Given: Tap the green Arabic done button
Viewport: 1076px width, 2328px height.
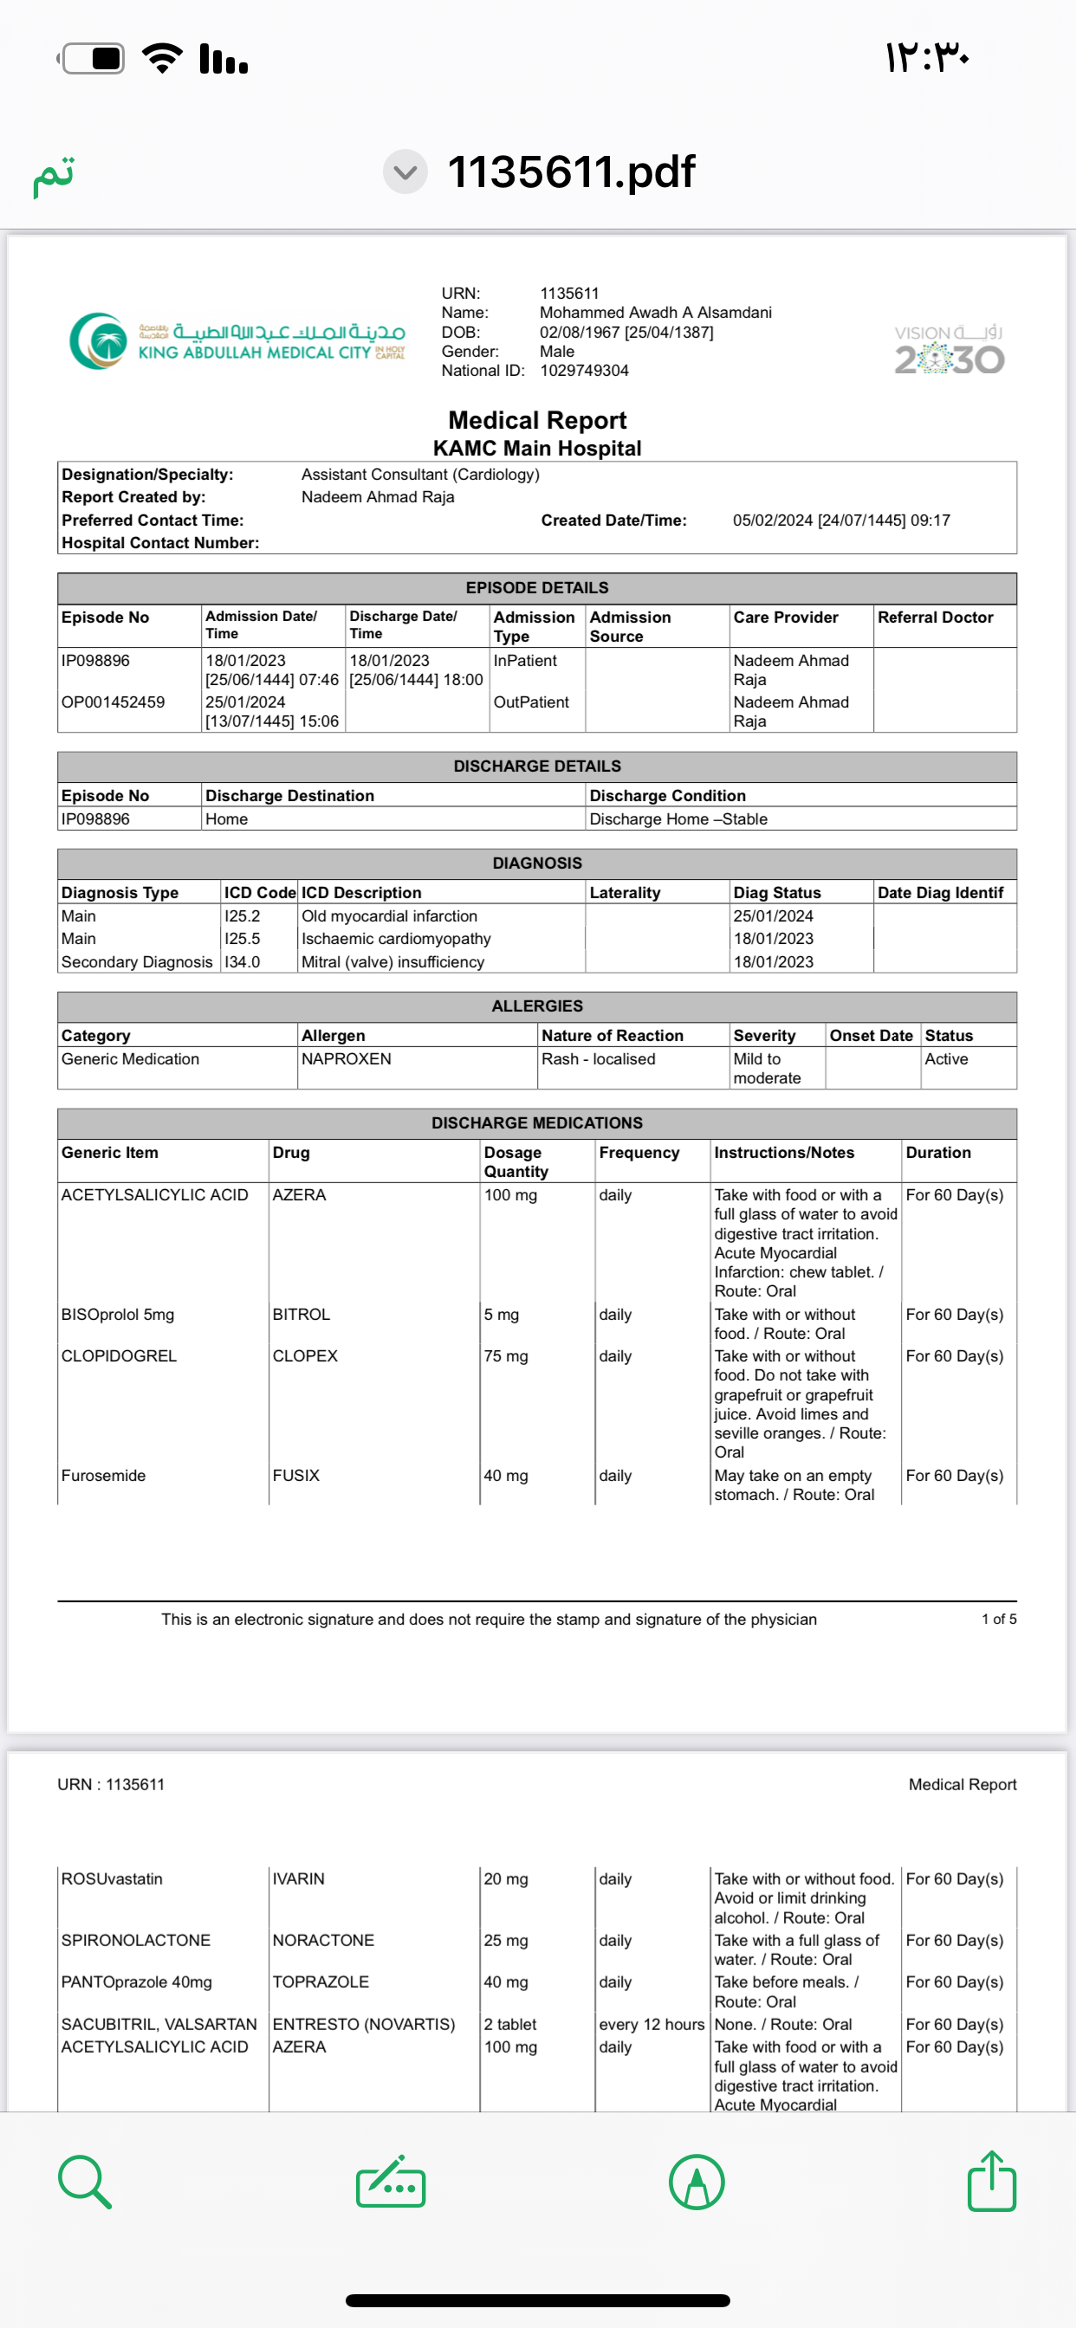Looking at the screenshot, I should [x=54, y=175].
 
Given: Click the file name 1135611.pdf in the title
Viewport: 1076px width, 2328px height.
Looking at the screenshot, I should [x=571, y=171].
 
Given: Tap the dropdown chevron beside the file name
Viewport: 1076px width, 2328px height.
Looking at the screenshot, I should [x=405, y=171].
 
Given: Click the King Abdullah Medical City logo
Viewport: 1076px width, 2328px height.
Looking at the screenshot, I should [x=237, y=341].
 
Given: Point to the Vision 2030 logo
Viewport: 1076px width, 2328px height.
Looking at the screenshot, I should [x=949, y=351].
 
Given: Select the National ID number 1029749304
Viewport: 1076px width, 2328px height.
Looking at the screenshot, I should [x=584, y=371].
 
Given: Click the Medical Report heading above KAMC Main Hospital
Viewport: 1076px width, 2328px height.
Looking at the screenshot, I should [x=537, y=420].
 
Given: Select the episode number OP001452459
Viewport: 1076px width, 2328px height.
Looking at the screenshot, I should [x=113, y=702].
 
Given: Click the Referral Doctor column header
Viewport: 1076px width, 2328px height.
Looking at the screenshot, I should [x=935, y=618].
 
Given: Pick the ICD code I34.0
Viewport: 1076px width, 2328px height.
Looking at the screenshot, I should [x=243, y=961].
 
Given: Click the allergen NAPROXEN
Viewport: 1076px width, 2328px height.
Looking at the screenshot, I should [x=347, y=1058].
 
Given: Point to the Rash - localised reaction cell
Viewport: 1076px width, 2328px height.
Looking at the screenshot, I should [x=598, y=1058].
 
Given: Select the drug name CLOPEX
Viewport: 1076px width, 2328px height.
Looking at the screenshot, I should [x=305, y=1355].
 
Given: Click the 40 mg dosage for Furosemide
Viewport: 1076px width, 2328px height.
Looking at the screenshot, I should [x=505, y=1475].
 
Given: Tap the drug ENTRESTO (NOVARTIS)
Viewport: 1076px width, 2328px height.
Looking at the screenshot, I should [x=364, y=2023].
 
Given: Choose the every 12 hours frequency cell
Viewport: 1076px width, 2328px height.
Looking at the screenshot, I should [x=651, y=2023].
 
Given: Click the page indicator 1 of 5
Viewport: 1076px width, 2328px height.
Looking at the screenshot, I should [x=998, y=1619].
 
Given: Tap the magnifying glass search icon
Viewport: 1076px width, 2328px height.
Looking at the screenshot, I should [x=85, y=2182].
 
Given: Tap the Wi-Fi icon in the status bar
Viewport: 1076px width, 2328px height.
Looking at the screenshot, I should [x=163, y=59].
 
